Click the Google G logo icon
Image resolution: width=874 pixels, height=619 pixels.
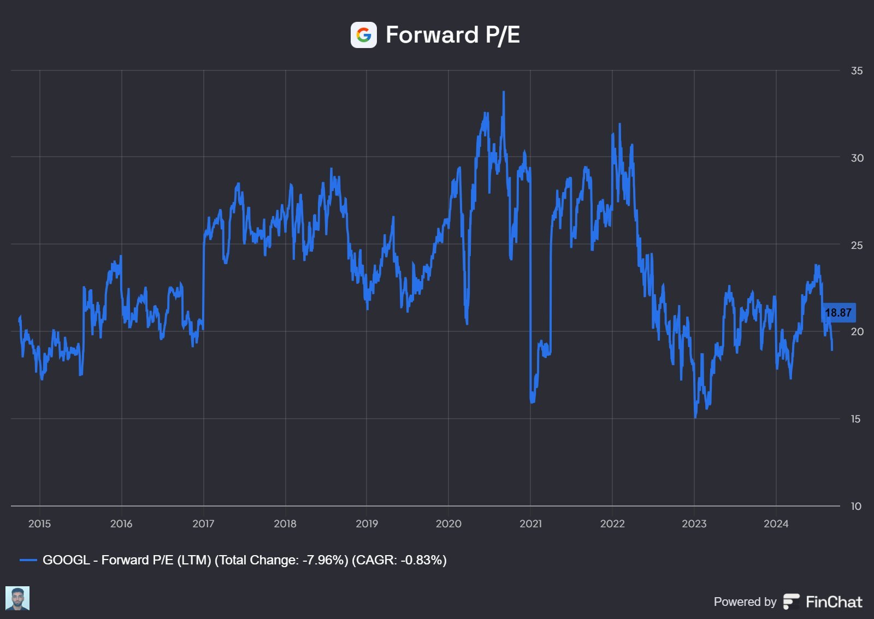(363, 35)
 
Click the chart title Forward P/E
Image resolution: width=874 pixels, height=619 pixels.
(452, 35)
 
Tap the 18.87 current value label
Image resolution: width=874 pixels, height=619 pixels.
(838, 313)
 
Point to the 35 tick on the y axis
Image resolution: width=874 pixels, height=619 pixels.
(857, 71)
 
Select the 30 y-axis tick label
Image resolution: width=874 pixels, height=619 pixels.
(857, 158)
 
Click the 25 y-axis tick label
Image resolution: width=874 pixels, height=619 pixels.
(857, 245)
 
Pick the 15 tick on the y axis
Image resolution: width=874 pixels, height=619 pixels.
(856, 419)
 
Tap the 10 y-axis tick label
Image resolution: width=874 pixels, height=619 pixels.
(856, 507)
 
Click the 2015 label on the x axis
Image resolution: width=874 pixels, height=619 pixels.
(39, 524)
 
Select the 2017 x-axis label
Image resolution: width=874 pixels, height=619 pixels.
(203, 524)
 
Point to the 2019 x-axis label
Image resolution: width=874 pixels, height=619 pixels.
(367, 524)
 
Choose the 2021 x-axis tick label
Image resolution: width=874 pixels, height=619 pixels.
(530, 524)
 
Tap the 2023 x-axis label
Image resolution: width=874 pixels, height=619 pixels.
(694, 524)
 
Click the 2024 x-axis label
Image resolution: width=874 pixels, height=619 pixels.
(776, 524)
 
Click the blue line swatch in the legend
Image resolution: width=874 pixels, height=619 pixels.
(28, 560)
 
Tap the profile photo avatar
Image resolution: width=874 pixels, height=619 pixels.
(17, 598)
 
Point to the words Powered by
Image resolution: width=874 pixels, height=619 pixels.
(745, 602)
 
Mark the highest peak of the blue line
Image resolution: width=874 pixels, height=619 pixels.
(504, 92)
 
